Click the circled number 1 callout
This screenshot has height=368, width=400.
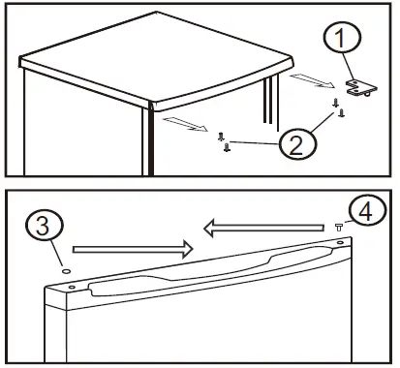pyautogui.click(x=342, y=37)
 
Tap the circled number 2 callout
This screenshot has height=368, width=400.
pyautogui.click(x=297, y=144)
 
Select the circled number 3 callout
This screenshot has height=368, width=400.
pyautogui.click(x=45, y=226)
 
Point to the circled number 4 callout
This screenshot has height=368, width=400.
pyautogui.click(x=367, y=211)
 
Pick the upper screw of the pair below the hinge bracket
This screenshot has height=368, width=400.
pyautogui.click(x=336, y=103)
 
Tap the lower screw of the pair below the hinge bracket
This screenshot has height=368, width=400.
pyautogui.click(x=342, y=112)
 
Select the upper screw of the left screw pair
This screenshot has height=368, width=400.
pyautogui.click(x=221, y=137)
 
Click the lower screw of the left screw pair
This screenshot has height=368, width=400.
pyautogui.click(x=228, y=147)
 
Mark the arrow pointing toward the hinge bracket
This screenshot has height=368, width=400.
pyautogui.click(x=312, y=81)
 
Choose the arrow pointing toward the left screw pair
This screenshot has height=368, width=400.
pyautogui.click(x=186, y=125)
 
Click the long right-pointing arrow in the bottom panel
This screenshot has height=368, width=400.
pyautogui.click(x=133, y=249)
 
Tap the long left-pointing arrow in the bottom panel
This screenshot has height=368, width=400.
pyautogui.click(x=263, y=228)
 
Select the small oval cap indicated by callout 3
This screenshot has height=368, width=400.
pyautogui.click(x=67, y=271)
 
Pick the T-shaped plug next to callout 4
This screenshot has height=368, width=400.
pyautogui.click(x=339, y=228)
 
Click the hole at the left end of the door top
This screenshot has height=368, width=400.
pyautogui.click(x=72, y=287)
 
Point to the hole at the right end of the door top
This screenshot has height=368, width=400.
pyautogui.click(x=340, y=242)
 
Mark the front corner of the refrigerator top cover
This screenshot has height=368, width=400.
pyautogui.click(x=152, y=106)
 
